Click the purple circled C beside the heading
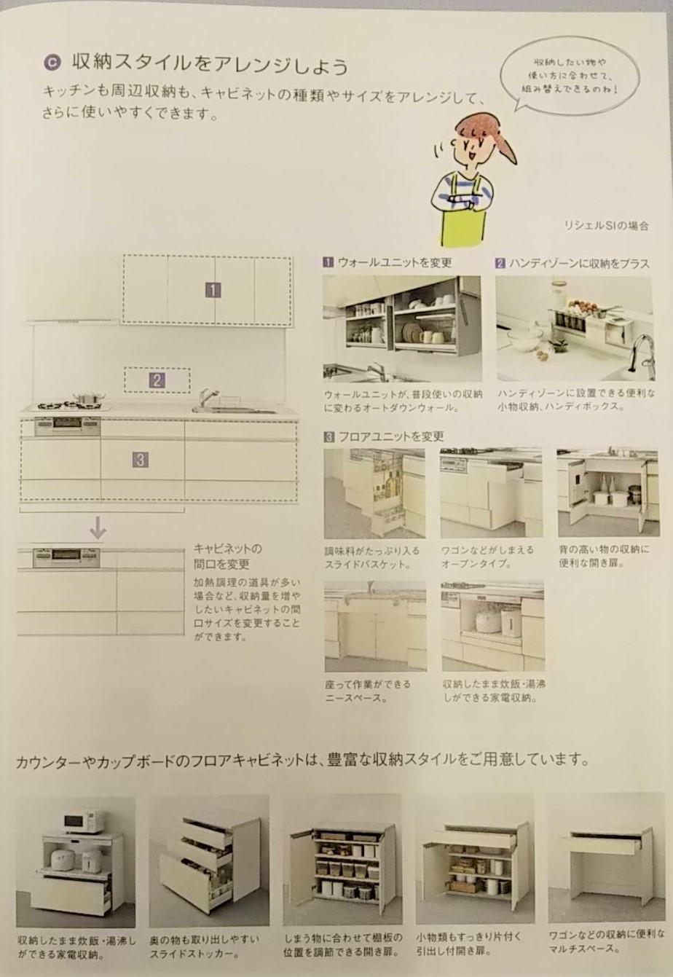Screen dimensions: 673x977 click(x=52, y=63)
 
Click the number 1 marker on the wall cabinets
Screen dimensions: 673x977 click(x=213, y=290)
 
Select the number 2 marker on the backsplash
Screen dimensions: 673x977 click(x=157, y=380)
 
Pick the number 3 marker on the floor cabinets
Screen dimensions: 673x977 click(x=140, y=460)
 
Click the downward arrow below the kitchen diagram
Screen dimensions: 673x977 click(x=98, y=527)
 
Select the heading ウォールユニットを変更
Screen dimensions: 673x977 click(x=387, y=262)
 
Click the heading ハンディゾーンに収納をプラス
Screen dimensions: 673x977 click(x=572, y=264)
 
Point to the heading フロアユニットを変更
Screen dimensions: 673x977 click(x=384, y=436)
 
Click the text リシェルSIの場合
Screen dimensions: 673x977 click(x=606, y=226)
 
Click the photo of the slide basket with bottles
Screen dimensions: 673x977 click(x=374, y=493)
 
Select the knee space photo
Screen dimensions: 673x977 click(x=376, y=627)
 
